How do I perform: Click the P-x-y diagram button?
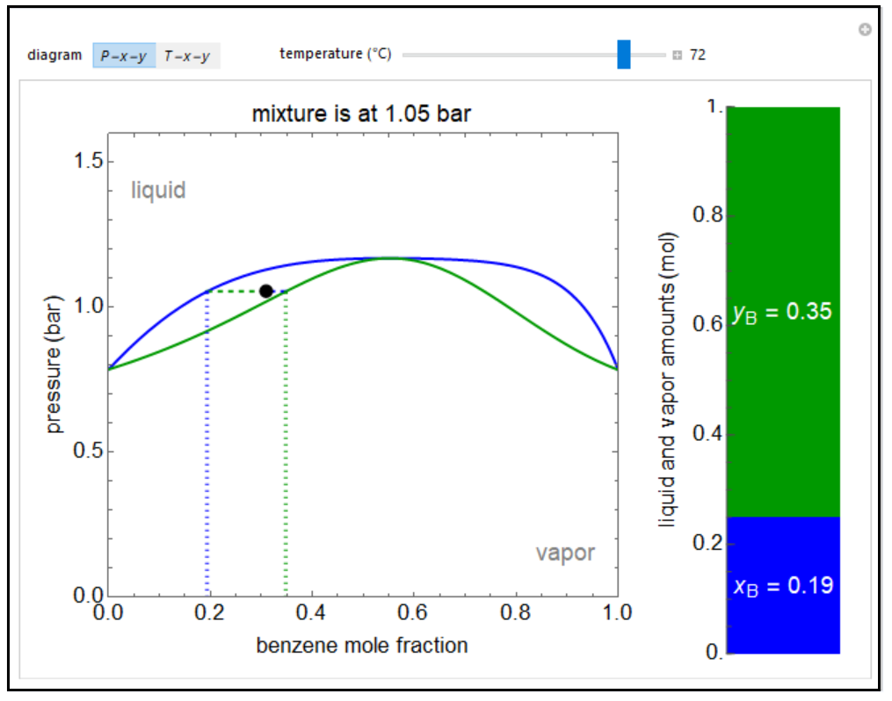click(124, 55)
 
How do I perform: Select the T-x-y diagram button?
click(188, 55)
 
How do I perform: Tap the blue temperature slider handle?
click(624, 54)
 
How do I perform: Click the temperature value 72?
click(697, 54)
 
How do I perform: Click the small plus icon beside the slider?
click(677, 55)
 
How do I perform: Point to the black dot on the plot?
click(266, 291)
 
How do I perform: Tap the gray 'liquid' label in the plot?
click(158, 190)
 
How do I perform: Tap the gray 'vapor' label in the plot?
click(565, 553)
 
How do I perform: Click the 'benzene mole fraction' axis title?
click(362, 646)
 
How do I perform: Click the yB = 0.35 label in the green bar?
click(781, 312)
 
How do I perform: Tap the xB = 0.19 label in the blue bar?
click(782, 586)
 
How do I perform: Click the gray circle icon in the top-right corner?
click(865, 30)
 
